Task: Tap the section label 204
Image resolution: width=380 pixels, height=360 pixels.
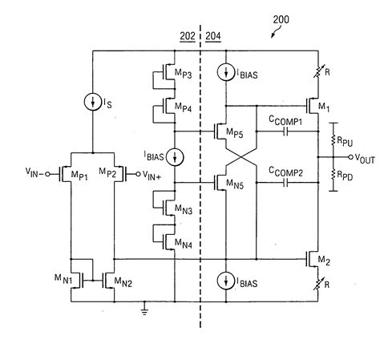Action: [214, 36]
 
